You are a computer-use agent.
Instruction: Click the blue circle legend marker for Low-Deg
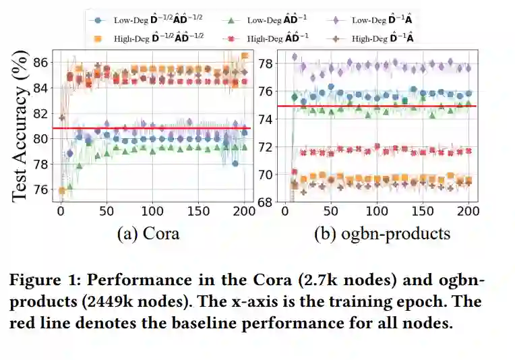point(99,20)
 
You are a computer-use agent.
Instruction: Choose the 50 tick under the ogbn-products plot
point(331,211)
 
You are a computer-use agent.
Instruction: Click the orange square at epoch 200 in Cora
point(245,55)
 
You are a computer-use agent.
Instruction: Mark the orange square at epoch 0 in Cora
point(61,191)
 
